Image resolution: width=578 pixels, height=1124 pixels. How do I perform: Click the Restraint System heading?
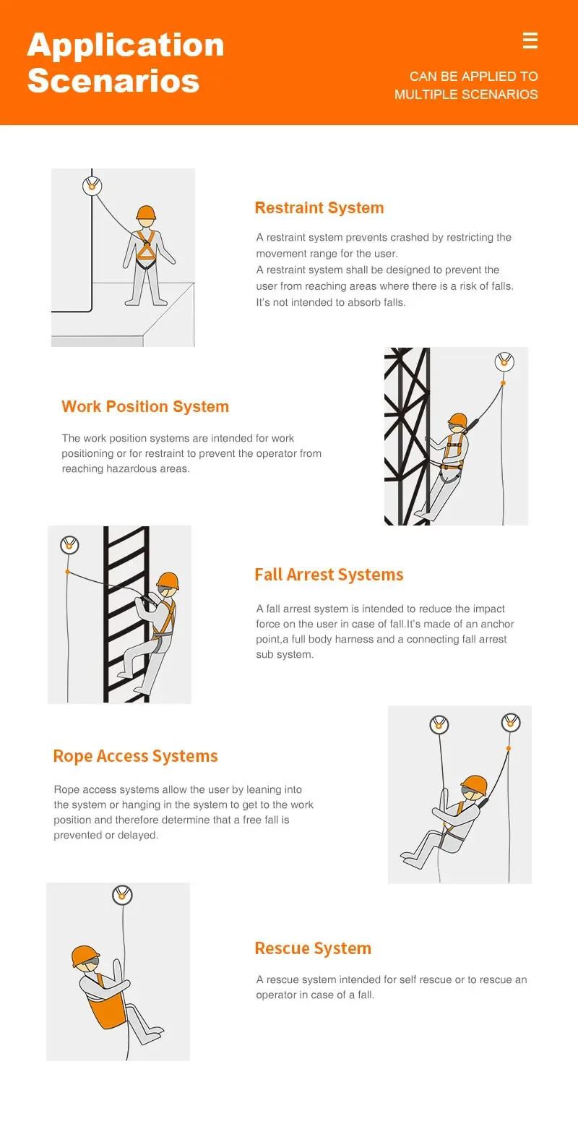(319, 208)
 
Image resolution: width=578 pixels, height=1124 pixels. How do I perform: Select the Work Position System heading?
(145, 406)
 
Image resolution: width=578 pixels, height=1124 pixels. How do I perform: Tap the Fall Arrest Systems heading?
(329, 575)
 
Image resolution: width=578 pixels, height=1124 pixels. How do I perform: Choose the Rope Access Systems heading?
(135, 756)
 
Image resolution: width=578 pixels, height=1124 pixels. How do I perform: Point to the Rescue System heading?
(313, 948)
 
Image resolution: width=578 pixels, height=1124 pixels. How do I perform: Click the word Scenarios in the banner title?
(113, 80)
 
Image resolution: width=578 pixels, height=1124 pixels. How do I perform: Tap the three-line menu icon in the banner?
(530, 40)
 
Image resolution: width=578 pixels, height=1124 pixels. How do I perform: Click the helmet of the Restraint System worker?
(146, 213)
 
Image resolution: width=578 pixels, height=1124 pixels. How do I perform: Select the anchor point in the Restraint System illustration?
(92, 185)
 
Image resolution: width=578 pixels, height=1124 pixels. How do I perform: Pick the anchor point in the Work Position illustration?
(504, 362)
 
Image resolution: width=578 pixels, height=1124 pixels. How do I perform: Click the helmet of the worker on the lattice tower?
(457, 420)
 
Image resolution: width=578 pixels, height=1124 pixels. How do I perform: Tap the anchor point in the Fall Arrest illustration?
(69, 544)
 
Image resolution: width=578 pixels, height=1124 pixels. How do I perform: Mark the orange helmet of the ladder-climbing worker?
(168, 580)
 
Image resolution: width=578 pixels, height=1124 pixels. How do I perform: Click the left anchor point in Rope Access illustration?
(439, 724)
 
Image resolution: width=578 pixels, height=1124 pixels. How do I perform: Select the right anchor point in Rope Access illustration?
(511, 722)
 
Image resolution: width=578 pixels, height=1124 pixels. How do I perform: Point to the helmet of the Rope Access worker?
(474, 784)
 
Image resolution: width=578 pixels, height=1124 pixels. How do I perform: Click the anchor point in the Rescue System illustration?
(123, 896)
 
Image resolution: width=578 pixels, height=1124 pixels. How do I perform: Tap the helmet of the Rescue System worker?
(85, 956)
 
